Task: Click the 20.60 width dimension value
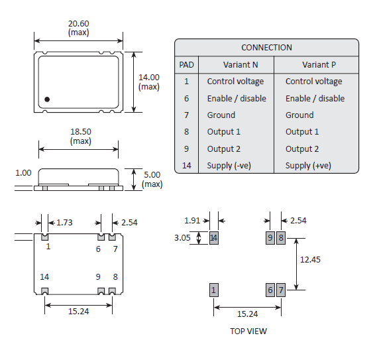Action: tap(78, 23)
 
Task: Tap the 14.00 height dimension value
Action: tap(148, 77)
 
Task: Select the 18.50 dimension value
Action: tap(80, 132)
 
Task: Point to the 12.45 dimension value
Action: tap(309, 260)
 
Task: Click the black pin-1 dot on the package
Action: tap(47, 99)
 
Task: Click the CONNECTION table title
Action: tap(266, 47)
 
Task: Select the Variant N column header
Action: tap(223, 65)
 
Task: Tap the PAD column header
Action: tap(187, 65)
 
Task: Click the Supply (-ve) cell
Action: tap(229, 166)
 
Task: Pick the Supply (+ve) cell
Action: tap(308, 166)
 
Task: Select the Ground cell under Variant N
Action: tap(221, 115)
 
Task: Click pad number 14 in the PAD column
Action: tap(187, 166)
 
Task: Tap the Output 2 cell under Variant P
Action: tap(302, 149)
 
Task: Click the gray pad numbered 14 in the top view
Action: tap(213, 238)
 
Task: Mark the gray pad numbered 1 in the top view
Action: tap(213, 290)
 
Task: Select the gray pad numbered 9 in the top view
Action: tap(270, 238)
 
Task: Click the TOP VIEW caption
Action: tap(248, 331)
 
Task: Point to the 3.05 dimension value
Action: tap(182, 237)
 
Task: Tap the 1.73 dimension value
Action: tap(64, 222)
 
